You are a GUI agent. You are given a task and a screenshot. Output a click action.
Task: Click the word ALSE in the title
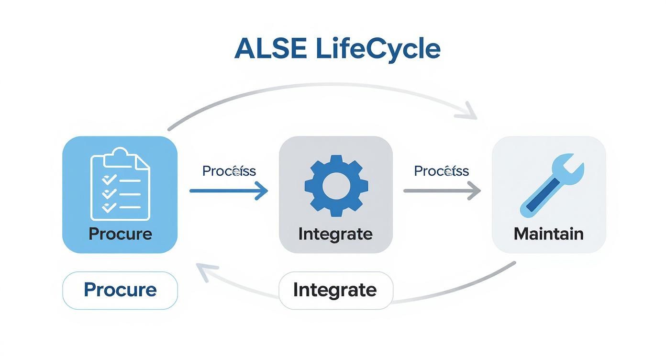click(270, 48)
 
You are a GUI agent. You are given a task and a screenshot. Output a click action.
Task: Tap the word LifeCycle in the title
click(378, 48)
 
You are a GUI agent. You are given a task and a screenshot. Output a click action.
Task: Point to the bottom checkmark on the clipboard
click(110, 207)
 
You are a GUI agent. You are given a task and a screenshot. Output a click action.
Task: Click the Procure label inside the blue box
click(120, 234)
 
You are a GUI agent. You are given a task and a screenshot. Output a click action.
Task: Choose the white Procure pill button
click(120, 290)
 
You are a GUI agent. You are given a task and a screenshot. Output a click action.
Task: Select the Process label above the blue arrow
click(229, 171)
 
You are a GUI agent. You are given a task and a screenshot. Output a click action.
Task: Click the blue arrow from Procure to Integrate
click(229, 191)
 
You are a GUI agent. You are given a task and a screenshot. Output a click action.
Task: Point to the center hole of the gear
click(336, 185)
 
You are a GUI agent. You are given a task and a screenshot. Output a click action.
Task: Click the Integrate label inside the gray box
click(335, 234)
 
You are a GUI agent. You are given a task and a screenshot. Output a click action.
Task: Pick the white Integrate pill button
click(335, 290)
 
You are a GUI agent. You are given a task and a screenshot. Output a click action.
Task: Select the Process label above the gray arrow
click(441, 171)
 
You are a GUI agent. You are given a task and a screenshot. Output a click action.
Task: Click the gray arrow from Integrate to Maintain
click(442, 191)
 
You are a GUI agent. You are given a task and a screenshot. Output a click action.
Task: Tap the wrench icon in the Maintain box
click(551, 184)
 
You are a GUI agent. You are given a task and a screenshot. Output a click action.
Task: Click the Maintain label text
click(548, 234)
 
